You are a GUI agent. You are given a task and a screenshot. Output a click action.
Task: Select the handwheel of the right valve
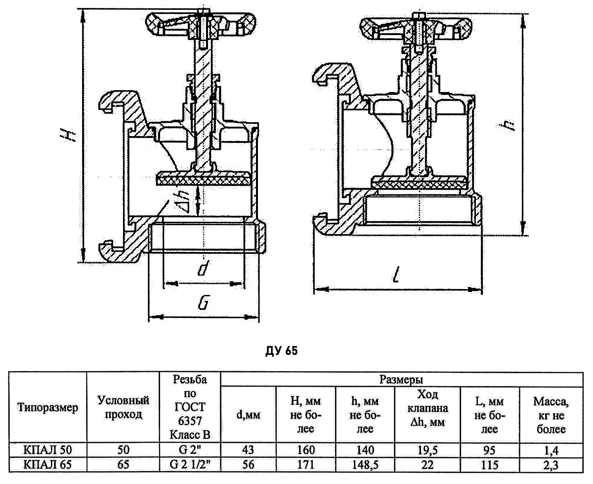pyautogui.click(x=415, y=29)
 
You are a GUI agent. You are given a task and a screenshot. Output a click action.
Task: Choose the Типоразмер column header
pyautogui.click(x=48, y=408)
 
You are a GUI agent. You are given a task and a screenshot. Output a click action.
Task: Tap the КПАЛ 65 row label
pyautogui.click(x=48, y=465)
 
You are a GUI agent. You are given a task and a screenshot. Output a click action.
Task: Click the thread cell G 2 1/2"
pyautogui.click(x=190, y=465)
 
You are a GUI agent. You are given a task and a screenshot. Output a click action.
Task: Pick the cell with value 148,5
pyautogui.click(x=365, y=465)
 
